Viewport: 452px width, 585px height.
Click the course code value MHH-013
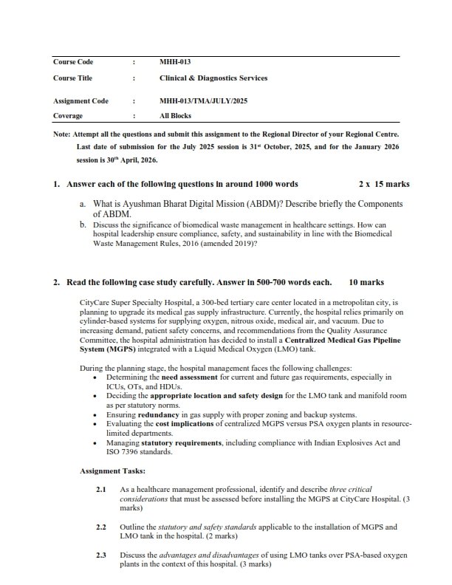click(171, 62)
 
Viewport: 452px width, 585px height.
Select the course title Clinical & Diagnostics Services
click(213, 78)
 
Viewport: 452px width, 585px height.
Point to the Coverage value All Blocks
click(175, 116)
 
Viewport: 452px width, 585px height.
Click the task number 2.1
click(102, 490)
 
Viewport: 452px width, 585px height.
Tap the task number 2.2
click(102, 527)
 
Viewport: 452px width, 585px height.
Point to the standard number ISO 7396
click(100, 451)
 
